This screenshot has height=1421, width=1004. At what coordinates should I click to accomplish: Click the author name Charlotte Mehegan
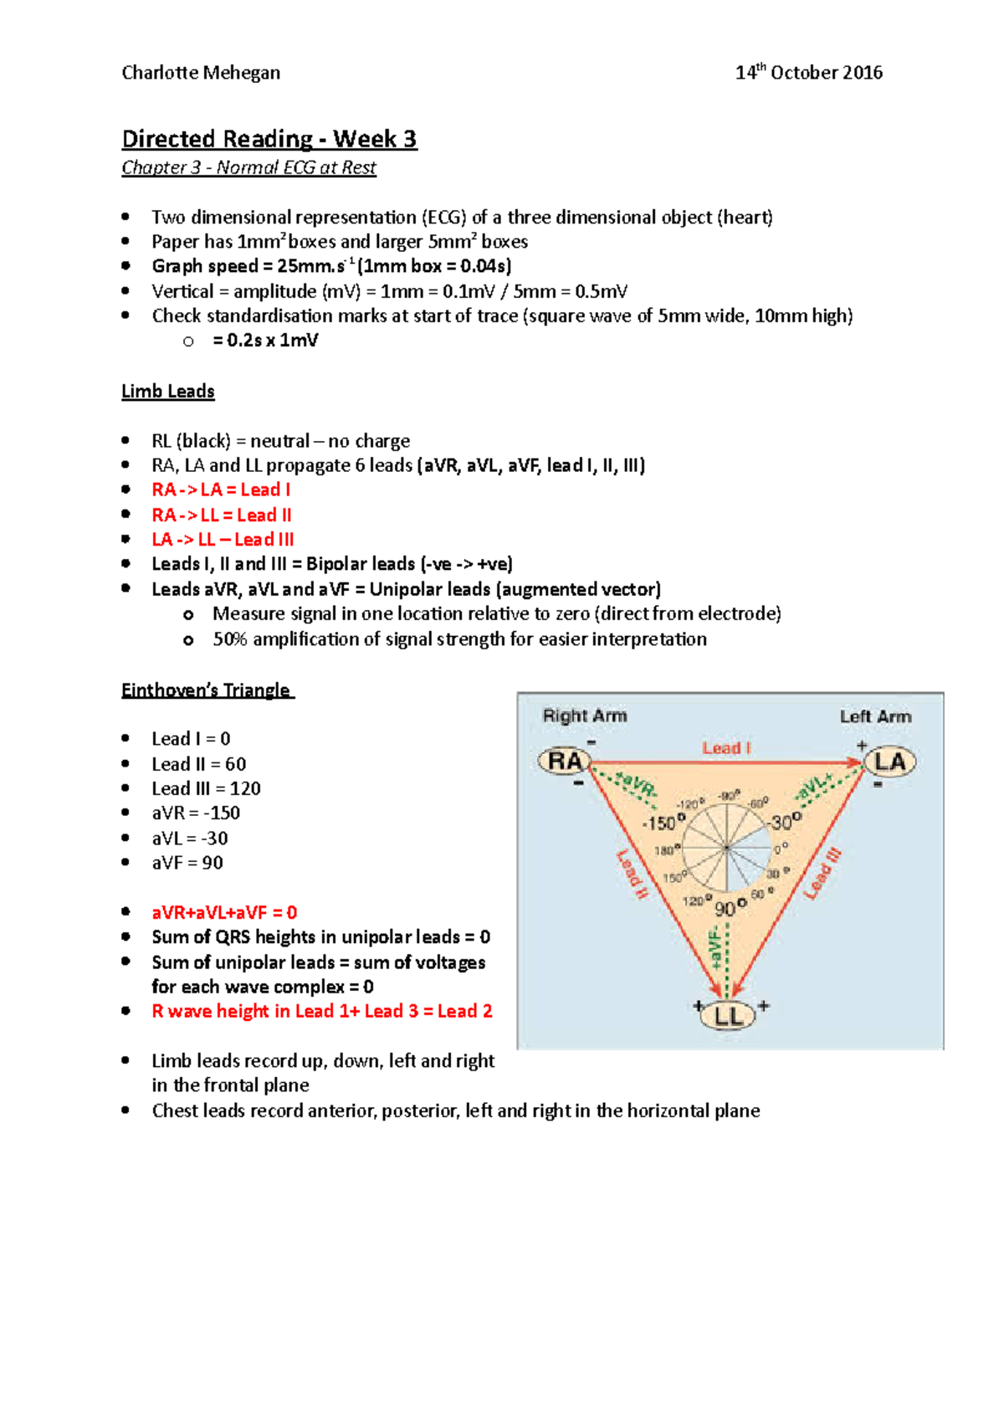pos(201,73)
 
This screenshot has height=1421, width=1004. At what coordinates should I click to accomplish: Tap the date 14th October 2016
pos(808,73)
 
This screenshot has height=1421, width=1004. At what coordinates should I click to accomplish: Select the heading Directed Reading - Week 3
pos(269,139)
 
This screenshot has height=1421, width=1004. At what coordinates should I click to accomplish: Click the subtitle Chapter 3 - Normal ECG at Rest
pos(248,167)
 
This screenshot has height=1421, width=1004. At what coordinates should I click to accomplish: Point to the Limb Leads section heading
pos(168,392)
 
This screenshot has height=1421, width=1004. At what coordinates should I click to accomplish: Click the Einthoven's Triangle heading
pos(207,690)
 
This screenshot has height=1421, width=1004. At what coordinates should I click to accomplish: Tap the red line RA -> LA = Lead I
pos(221,490)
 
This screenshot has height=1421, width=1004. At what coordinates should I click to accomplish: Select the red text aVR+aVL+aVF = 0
pos(224,912)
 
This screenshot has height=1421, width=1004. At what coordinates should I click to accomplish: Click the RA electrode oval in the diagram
pos(565,762)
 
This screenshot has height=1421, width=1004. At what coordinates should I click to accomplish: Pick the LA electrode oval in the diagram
pos(889,762)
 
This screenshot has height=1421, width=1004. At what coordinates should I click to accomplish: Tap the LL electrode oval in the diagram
pos(728,1016)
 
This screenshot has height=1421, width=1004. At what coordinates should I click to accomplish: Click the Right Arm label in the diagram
pos(585,716)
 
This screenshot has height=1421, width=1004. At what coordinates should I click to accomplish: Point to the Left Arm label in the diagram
pos(875,717)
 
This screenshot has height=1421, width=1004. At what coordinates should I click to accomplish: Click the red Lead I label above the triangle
pos(726,748)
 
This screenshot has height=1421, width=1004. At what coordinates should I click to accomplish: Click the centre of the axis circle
pos(726,849)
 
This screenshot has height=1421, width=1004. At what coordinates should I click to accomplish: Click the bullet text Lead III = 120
pos(206,788)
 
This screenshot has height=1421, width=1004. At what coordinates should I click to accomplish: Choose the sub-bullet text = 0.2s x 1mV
pos(265,341)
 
